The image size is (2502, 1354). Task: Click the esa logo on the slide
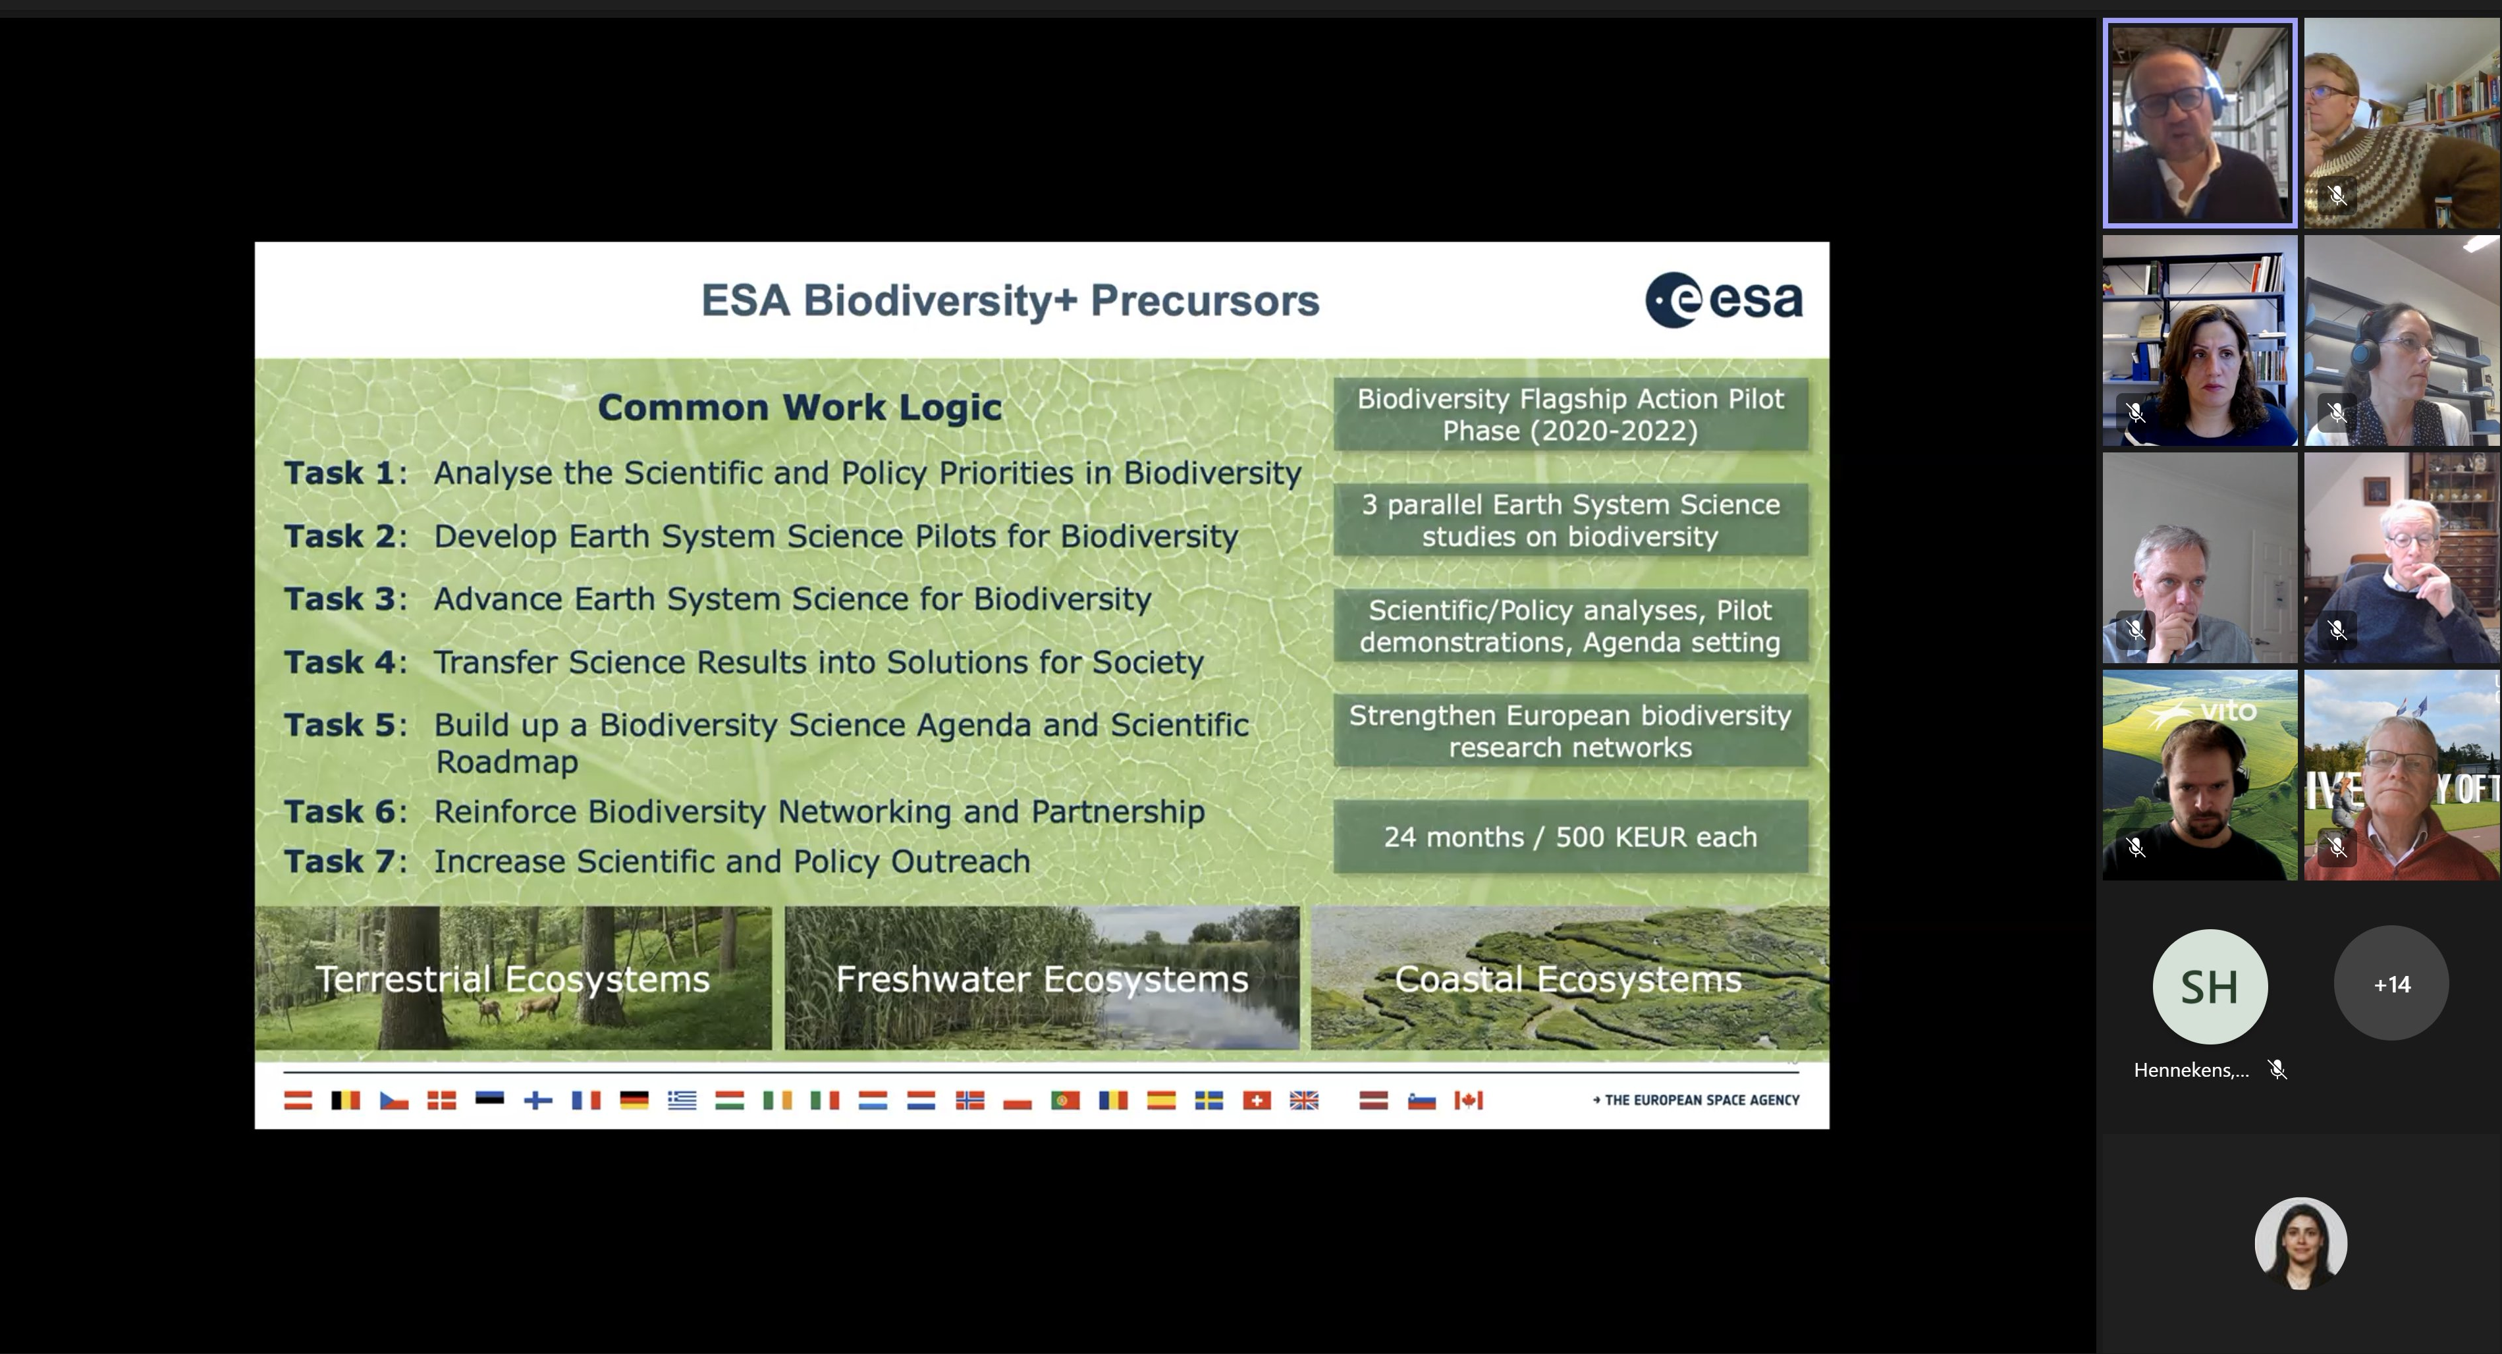click(1724, 300)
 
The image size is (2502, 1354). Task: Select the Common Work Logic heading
click(800, 407)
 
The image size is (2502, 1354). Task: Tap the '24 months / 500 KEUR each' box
click(1571, 836)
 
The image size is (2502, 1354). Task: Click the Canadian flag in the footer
click(1469, 1100)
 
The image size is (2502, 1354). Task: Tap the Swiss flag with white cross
click(1257, 1100)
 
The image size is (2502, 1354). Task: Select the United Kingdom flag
click(1305, 1100)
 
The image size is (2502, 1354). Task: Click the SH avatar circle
click(2210, 986)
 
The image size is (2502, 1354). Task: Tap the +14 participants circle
click(2391, 984)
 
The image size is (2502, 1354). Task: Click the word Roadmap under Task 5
click(507, 761)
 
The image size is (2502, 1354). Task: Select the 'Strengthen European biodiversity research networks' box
click(1571, 730)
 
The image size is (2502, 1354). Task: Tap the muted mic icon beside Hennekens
click(2277, 1070)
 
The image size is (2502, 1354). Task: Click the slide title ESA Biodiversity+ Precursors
click(1010, 300)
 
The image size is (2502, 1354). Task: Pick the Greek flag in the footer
click(682, 1100)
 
